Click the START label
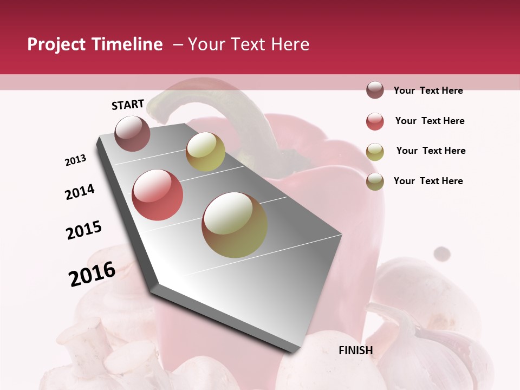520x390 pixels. [128, 105]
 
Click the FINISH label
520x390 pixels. [356, 350]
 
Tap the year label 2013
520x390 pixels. [76, 160]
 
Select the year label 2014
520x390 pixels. [80, 192]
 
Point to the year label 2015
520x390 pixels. [84, 230]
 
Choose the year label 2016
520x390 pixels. [92, 274]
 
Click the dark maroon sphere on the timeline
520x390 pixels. [133, 133]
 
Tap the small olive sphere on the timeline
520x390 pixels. [205, 151]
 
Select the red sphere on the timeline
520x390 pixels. [158, 195]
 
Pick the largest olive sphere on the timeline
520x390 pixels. [235, 225]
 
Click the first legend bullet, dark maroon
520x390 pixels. [375, 90]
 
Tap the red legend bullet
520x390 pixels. [375, 121]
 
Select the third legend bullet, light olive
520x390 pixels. [375, 152]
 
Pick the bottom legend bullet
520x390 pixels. [375, 181]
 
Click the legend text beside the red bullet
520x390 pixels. [430, 121]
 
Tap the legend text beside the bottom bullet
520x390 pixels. [428, 181]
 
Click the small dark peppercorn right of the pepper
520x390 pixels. [443, 253]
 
